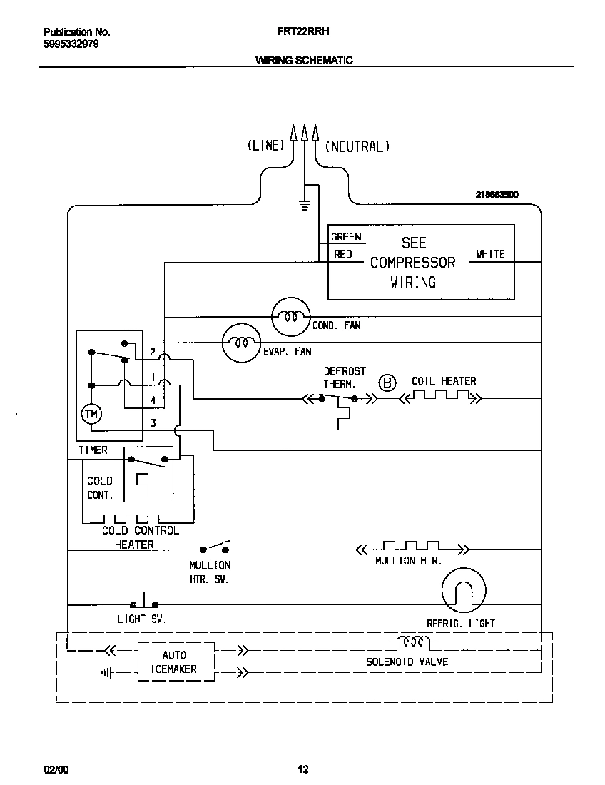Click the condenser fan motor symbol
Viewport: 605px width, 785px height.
point(291,315)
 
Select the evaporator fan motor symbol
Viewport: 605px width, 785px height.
point(242,343)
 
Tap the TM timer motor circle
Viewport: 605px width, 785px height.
point(91,414)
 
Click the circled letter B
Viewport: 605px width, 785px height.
point(387,383)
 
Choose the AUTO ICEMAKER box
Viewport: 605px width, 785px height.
point(176,662)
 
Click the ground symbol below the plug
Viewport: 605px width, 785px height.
point(305,207)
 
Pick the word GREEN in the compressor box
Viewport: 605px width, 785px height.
point(346,237)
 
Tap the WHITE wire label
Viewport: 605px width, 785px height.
point(491,254)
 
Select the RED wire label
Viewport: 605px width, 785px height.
point(343,255)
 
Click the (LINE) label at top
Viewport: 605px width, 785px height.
point(265,146)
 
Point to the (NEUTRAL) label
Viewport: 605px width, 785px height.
point(357,146)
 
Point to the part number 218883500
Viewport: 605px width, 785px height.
point(497,194)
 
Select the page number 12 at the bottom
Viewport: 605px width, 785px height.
point(302,769)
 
